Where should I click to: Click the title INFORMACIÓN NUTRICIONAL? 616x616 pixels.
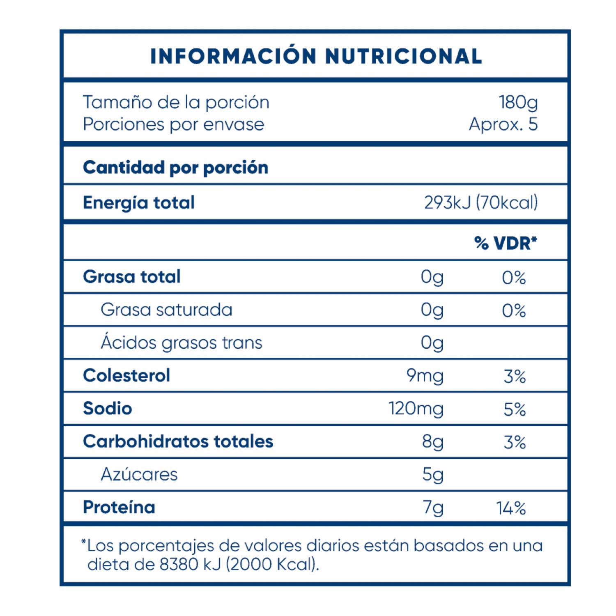pos(316,56)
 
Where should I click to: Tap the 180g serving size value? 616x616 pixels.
pos(518,102)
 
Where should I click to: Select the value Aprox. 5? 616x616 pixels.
pos(503,124)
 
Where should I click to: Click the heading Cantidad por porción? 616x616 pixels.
pos(175,168)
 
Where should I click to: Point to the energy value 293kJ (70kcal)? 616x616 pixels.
pos(481,202)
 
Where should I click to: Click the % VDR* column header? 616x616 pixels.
pos(506,243)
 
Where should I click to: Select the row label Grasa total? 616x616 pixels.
pos(132,277)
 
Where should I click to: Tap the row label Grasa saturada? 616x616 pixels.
pos(166,310)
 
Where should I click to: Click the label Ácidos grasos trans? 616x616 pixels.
pos(181,342)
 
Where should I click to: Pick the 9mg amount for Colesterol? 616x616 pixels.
pos(425,376)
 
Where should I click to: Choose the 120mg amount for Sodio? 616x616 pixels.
pos(416,409)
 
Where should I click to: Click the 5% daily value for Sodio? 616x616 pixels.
pos(515,409)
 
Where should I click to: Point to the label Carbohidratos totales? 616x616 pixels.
pos(178,441)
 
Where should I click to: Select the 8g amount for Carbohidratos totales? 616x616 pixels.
pos(432,442)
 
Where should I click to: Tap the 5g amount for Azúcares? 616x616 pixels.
pos(432,475)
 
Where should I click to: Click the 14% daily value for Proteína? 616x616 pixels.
pos(511,508)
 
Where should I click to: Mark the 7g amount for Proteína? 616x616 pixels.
pos(433,508)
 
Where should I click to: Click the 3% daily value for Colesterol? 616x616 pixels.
pos(515,376)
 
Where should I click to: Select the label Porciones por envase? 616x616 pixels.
pos(173,124)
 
